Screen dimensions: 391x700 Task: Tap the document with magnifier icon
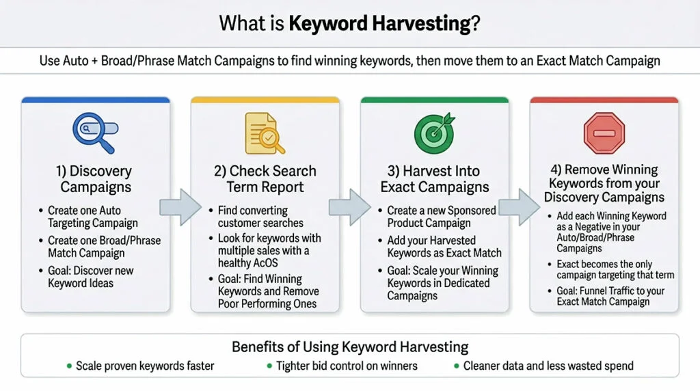pos(263,133)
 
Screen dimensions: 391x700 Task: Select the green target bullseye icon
pos(433,132)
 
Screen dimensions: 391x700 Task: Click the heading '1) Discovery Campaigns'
pos(95,178)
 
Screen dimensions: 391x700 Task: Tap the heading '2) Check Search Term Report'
pos(264,178)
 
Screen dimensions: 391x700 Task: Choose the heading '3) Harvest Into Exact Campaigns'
pos(434,178)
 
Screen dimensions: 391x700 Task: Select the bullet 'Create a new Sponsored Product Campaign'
pos(442,217)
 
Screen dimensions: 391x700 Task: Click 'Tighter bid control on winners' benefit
pos(347,366)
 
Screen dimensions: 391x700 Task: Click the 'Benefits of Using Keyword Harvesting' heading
pos(349,346)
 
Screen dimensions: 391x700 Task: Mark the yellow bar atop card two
pos(264,100)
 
